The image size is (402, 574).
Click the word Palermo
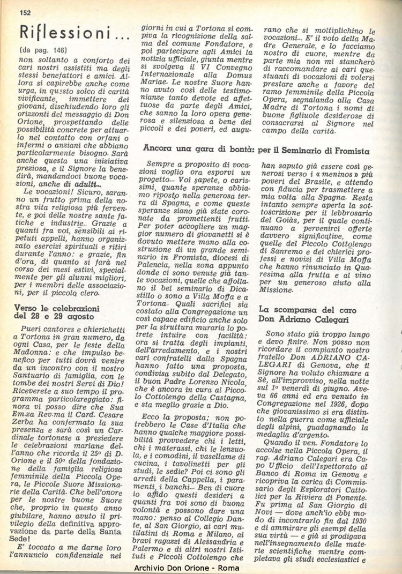[161, 545]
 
